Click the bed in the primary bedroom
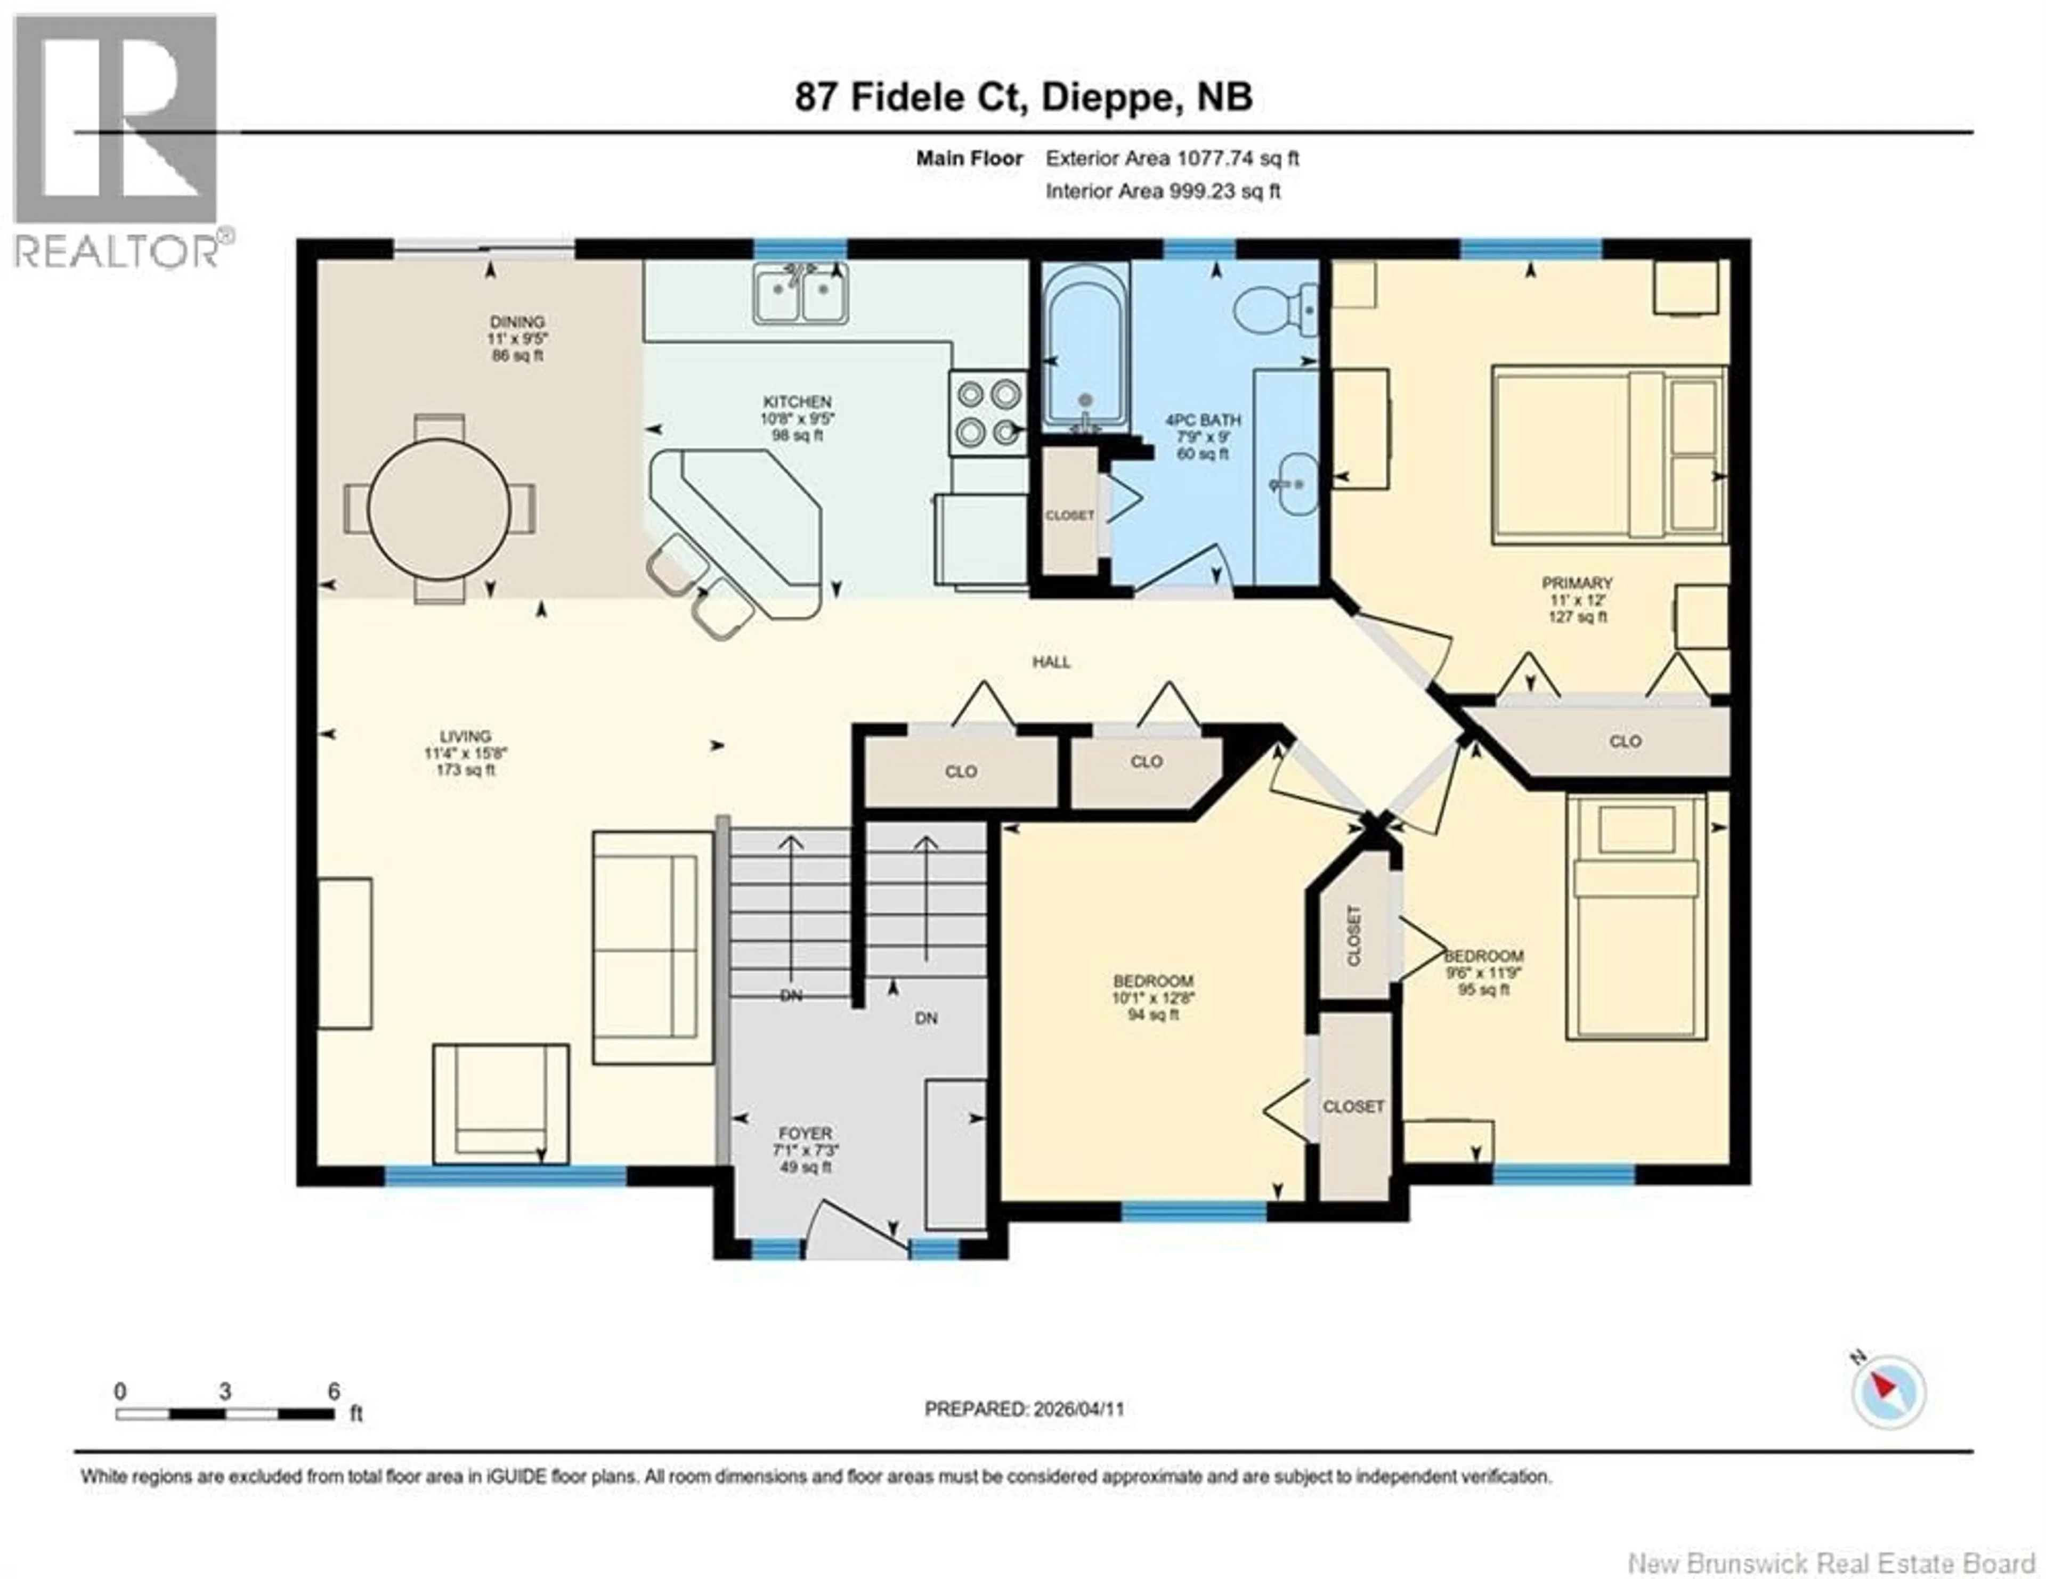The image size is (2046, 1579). coord(1607,455)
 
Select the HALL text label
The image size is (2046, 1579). coord(1051,662)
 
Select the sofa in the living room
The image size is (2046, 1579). coord(652,947)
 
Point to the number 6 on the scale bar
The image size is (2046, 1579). coord(334,1391)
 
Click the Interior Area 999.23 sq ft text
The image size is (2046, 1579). coord(1163,191)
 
